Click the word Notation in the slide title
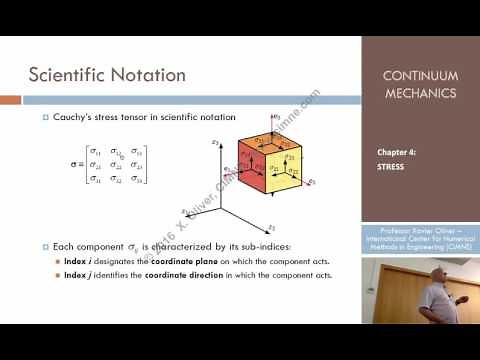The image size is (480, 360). [151, 75]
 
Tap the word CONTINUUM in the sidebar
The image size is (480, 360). [420, 76]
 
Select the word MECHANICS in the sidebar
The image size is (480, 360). [420, 94]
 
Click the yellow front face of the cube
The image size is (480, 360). [285, 170]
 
